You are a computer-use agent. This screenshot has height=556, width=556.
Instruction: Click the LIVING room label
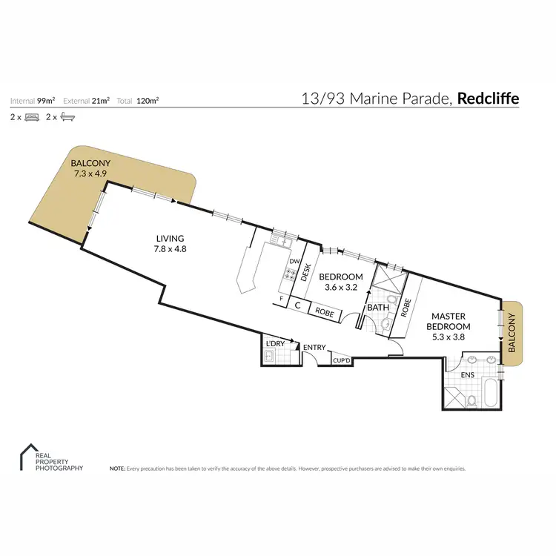point(171,238)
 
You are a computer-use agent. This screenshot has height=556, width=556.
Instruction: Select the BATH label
point(377,307)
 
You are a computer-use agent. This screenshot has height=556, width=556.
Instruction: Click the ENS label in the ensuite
point(467,375)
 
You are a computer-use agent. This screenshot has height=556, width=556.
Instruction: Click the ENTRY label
point(314,347)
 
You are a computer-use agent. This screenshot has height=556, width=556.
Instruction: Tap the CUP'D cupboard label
point(341,360)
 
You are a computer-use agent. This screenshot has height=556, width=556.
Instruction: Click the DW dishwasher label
point(294,262)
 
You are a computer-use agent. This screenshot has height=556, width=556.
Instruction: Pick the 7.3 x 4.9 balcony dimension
point(91,175)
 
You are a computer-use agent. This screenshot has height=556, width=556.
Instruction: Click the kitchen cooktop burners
point(285,281)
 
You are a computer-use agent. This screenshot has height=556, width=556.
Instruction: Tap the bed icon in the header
point(32,117)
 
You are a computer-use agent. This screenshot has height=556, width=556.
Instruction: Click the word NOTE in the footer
point(117,469)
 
